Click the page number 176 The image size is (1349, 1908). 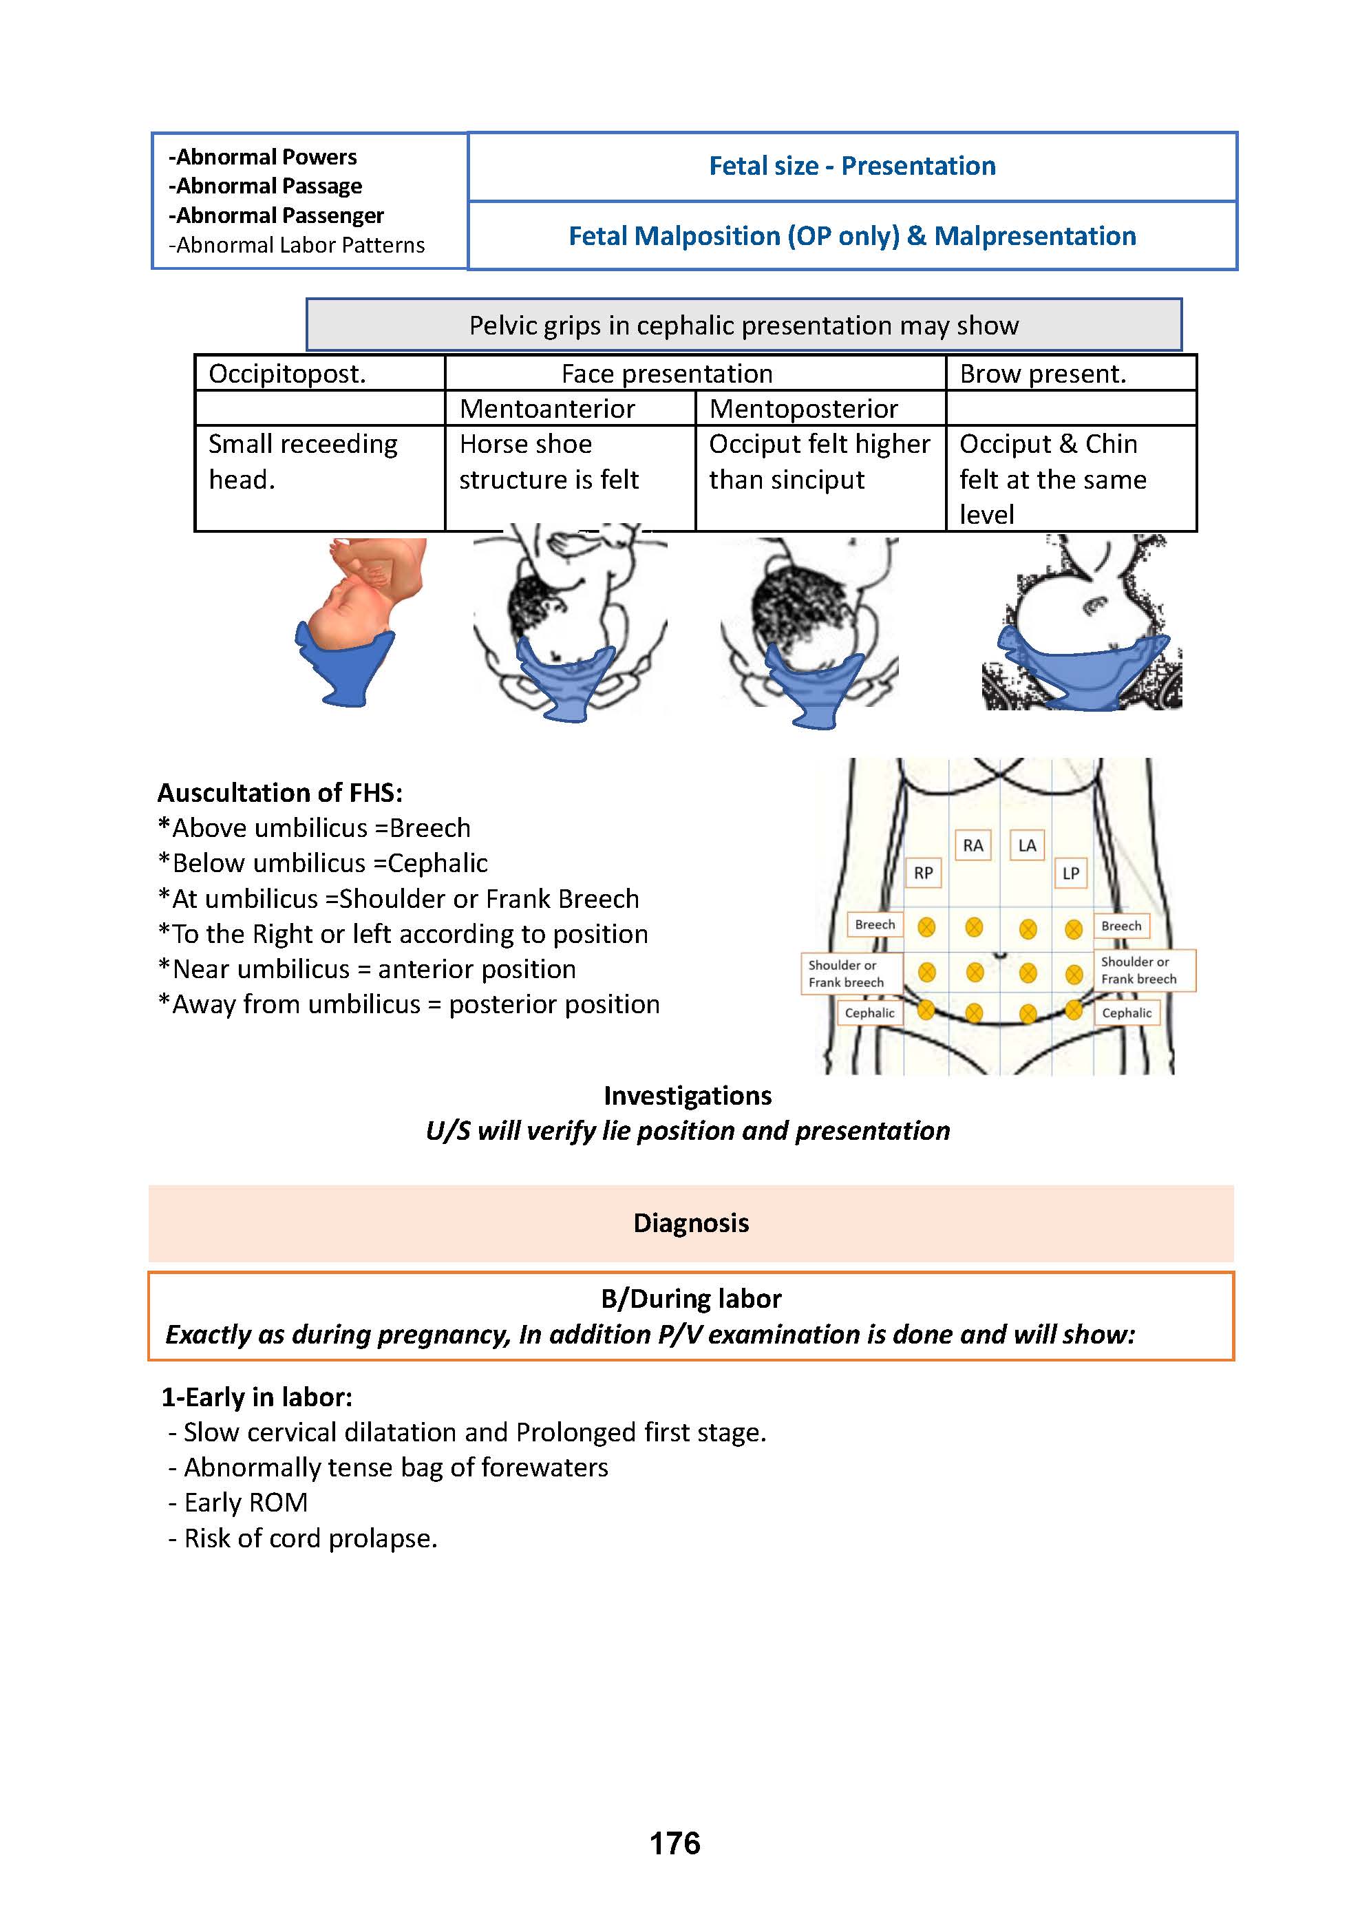coord(674,1843)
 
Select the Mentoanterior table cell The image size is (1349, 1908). coord(547,409)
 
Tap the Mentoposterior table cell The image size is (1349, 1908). coord(803,409)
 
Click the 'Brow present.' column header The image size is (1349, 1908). coord(1042,374)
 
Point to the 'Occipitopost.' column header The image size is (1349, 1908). coord(287,374)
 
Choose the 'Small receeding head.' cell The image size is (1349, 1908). coord(303,462)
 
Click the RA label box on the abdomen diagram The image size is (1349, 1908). coord(973,846)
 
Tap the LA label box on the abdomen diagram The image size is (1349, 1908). coord(1028,846)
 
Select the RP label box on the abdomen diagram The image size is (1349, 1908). coord(922,873)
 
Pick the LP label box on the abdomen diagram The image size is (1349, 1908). coord(1070,873)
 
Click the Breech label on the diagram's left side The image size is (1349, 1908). coord(874,925)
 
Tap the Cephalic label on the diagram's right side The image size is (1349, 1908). coord(1126,1013)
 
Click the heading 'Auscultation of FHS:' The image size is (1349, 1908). coord(280,793)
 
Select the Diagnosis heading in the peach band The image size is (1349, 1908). coord(691,1223)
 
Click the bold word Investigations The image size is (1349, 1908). coord(688,1096)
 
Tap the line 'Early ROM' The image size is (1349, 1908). coord(245,1503)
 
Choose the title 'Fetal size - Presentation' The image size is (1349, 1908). coord(852,166)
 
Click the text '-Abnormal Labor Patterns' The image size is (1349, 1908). coord(297,245)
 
